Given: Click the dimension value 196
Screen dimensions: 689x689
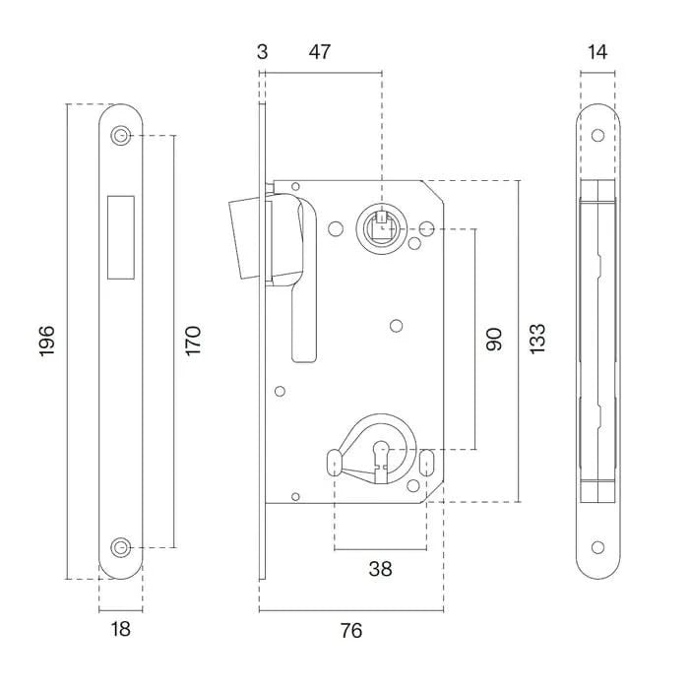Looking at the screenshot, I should tap(47, 340).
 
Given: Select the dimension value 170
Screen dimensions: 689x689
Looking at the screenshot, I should tap(193, 340).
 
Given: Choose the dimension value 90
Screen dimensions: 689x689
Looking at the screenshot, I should tap(494, 340).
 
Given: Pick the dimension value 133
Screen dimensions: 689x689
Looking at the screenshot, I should tap(536, 340).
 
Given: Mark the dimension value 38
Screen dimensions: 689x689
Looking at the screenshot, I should tap(379, 568).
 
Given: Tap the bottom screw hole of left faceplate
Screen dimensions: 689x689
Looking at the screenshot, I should tap(121, 546).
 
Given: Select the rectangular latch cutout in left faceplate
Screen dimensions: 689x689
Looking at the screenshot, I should tap(121, 234).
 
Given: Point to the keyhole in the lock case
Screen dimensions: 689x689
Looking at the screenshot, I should tap(380, 459).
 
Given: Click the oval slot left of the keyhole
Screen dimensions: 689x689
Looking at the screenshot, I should tap(333, 460).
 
